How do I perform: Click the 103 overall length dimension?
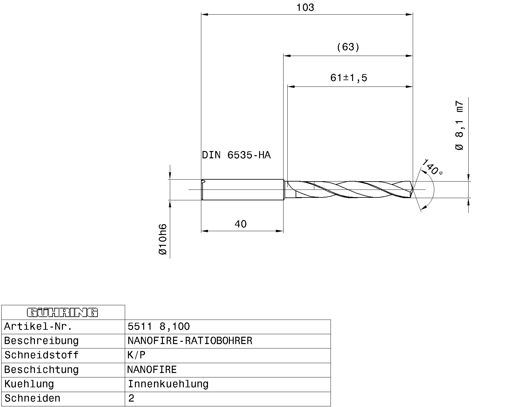pos(305,8)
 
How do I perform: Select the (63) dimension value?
pos(348,47)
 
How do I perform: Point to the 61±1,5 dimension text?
pos(348,78)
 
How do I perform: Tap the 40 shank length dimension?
pos(240,224)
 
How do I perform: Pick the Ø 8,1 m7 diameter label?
pos(459,125)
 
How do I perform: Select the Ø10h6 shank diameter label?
pos(162,239)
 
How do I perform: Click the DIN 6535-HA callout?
pos(236,155)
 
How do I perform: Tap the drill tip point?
pos(413,190)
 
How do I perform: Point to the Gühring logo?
pos(63,313)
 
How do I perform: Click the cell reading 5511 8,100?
pos(159,327)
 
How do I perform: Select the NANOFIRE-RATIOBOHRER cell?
pos(190,341)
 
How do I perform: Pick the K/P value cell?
pos(137,355)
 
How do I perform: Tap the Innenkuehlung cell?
pos(168,384)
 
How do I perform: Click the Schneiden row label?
pos(32,398)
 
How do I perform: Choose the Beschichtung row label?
pos(41,370)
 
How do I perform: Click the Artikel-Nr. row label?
pos(38,327)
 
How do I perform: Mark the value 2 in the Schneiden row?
pos(131,398)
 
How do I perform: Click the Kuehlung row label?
pos(29,384)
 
